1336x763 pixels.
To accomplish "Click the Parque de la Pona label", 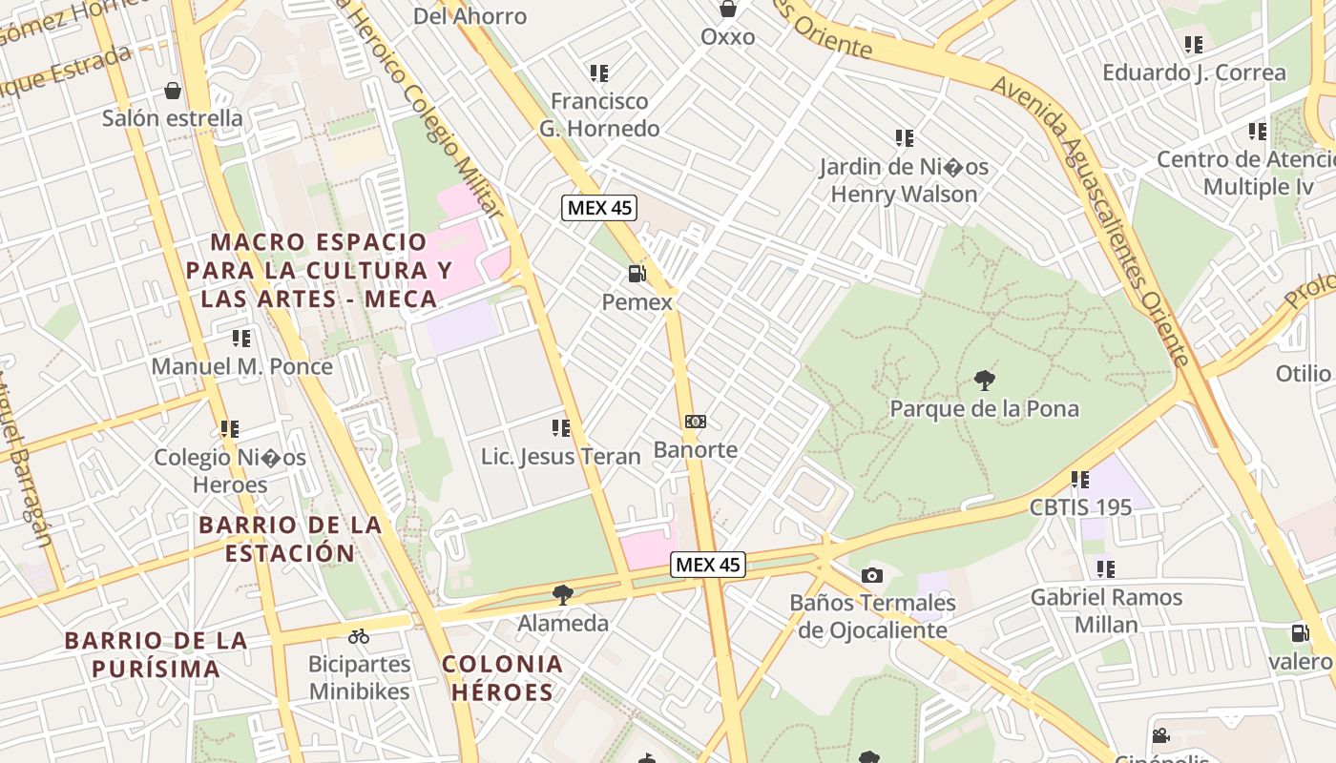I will pos(984,409).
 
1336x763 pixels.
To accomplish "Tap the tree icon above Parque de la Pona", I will pos(984,381).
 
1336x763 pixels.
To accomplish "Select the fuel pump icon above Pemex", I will pos(637,275).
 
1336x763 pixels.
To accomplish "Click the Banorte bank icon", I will pos(696,422).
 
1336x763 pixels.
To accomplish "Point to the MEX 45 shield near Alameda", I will pos(707,565).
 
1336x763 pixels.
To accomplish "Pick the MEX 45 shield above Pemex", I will pos(598,207).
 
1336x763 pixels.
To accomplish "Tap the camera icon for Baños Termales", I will pos(871,575).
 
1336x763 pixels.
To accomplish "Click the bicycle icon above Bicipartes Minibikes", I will pos(359,636).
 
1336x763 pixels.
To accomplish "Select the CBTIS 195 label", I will pos(1080,506).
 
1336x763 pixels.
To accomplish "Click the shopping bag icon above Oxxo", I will pos(728,10).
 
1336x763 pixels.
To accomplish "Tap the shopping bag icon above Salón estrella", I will pos(173,91).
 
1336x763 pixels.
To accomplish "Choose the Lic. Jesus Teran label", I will pos(560,457).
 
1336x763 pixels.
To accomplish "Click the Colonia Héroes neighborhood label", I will pos(502,678).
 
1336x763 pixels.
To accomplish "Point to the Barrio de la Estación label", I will pos(290,539).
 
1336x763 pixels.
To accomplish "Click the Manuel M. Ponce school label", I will pos(242,366).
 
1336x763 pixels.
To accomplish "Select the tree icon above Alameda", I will pos(563,595).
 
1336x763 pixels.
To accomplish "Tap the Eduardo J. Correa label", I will pos(1194,72).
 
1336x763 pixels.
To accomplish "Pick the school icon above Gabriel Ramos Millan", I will pos(1106,569).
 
